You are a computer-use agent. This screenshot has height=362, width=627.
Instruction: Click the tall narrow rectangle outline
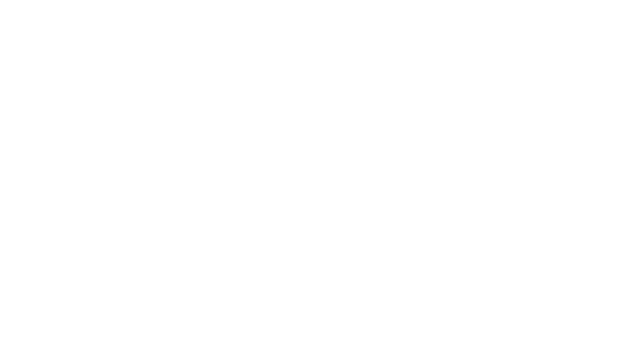[109, 102]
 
